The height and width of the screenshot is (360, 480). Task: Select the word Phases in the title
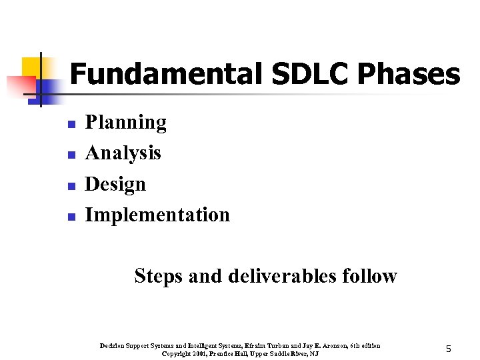tap(409, 75)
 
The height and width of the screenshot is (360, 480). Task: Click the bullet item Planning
tap(126, 123)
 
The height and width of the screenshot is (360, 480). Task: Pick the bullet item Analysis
tap(123, 153)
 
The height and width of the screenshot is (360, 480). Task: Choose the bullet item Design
tap(115, 184)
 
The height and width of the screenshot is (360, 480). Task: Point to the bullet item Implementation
tap(157, 215)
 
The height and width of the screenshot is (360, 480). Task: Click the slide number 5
tap(449, 349)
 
